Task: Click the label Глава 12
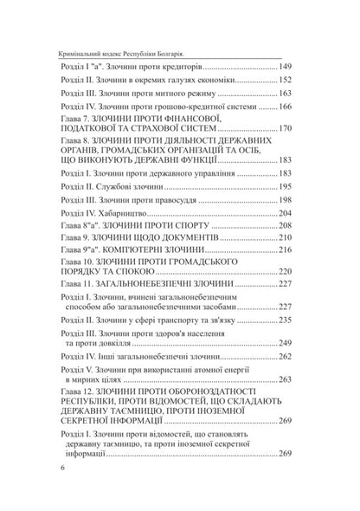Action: (x=75, y=393)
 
